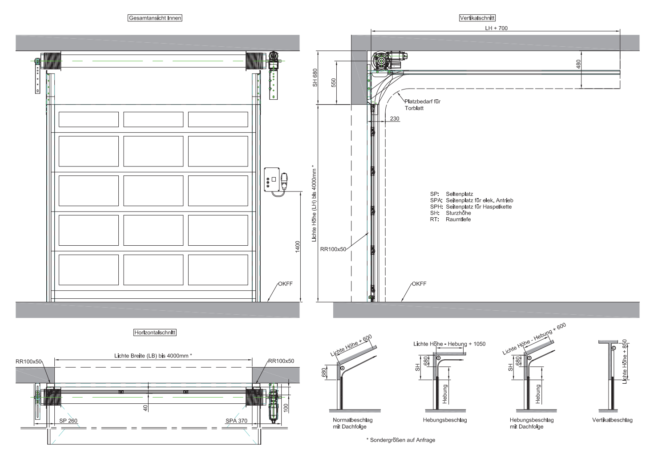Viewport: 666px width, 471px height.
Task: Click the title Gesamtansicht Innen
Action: click(155, 18)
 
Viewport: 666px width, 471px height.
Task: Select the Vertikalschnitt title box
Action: click(477, 18)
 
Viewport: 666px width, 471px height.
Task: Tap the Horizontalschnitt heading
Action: click(155, 333)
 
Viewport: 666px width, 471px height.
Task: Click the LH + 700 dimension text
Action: click(496, 28)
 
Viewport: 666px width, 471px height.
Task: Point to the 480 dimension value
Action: click(578, 64)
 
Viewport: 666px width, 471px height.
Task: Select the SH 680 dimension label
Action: click(315, 77)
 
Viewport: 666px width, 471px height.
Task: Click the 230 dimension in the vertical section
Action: click(395, 118)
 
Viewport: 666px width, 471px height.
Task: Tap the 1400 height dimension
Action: click(298, 247)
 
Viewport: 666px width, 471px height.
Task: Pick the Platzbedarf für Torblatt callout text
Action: click(422, 105)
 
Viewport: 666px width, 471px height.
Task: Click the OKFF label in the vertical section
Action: click(419, 284)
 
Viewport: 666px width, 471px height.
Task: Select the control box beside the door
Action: click(272, 179)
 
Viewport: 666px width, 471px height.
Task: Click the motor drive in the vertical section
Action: click(389, 61)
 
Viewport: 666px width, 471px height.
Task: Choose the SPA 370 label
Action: click(236, 421)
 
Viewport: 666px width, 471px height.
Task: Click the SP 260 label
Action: click(68, 421)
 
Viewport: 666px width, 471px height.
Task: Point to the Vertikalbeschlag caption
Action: click(612, 420)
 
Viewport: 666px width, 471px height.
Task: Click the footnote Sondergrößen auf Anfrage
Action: click(401, 440)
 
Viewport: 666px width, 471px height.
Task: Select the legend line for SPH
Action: click(471, 207)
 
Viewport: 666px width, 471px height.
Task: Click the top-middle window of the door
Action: click(153, 119)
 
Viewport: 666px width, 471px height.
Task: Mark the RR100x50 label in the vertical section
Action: click(333, 249)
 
